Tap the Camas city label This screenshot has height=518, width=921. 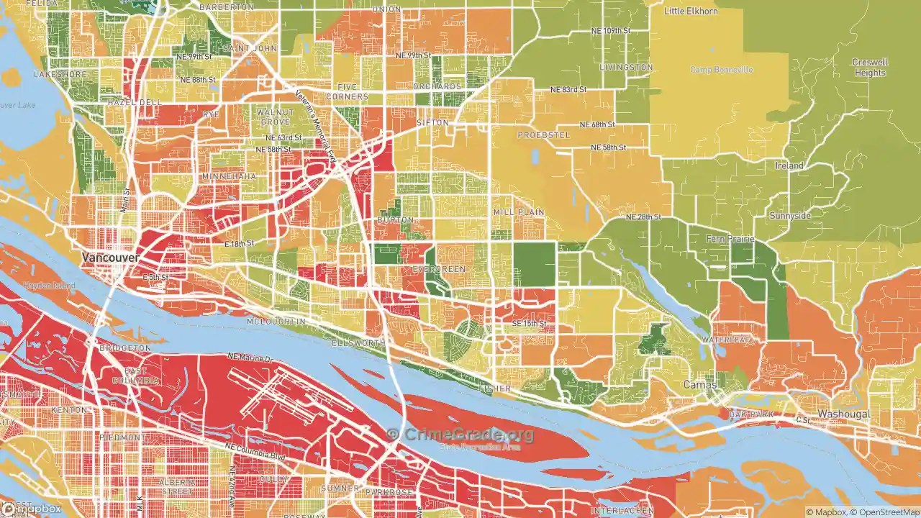(x=700, y=386)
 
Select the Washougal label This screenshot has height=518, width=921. (x=843, y=414)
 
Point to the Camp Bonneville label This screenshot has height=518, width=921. (x=722, y=70)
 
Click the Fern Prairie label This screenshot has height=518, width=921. (x=730, y=239)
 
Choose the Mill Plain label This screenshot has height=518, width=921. (x=518, y=213)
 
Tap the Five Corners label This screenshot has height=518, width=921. (x=348, y=91)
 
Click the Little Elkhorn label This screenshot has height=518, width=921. (x=691, y=12)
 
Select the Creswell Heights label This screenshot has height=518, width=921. (x=869, y=68)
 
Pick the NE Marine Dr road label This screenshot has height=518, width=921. (x=251, y=357)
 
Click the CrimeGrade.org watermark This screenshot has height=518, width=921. (x=460, y=435)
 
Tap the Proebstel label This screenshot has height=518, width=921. (x=543, y=135)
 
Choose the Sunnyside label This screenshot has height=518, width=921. (x=789, y=216)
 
